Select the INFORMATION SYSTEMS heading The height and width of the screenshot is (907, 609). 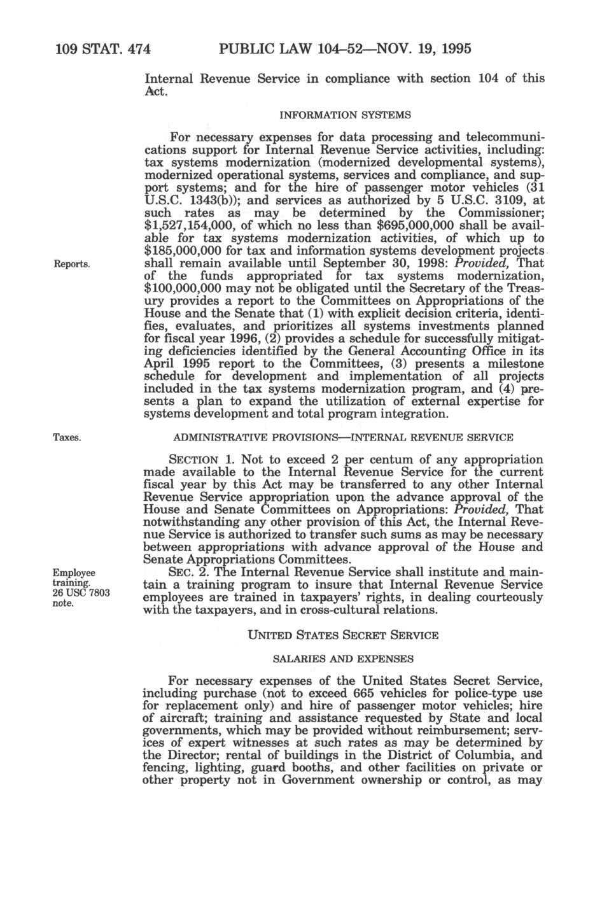[x=344, y=115]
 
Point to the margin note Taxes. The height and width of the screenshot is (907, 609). [x=66, y=438]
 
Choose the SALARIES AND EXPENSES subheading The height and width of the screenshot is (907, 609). [x=344, y=659]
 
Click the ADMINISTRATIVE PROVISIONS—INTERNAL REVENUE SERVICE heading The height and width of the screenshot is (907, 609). [x=344, y=438]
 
